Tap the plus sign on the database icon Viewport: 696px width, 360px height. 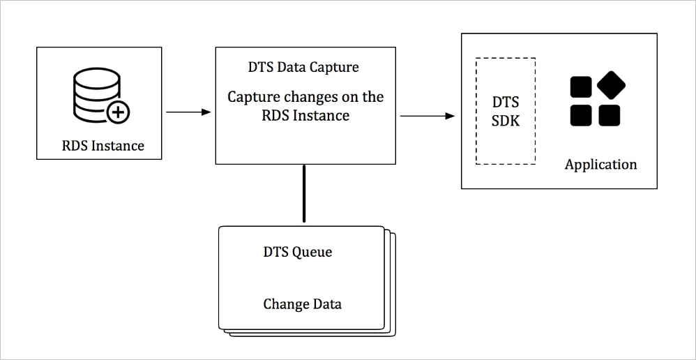point(118,111)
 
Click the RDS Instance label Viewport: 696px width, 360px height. point(103,146)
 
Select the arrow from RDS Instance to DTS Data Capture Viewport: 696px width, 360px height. point(188,112)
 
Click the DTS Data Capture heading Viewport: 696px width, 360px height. point(303,68)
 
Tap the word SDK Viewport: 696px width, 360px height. point(506,121)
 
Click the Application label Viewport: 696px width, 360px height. point(600,165)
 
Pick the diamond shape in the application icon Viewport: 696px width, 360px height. point(611,85)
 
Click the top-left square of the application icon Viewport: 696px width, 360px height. point(581,87)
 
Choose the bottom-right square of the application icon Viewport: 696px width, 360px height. point(610,115)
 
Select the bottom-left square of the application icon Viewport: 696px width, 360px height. point(581,115)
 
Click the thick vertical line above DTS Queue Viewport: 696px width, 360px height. point(304,194)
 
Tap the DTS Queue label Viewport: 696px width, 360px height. point(297,253)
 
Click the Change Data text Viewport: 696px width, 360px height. point(302,304)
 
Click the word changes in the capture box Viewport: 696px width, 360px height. point(309,97)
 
